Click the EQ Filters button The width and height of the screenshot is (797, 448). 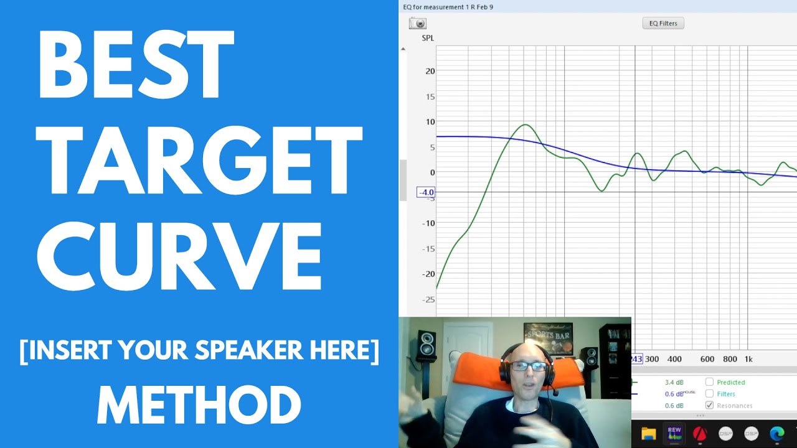point(663,24)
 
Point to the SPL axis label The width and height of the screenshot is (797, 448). point(428,38)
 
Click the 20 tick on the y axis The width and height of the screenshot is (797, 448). point(430,71)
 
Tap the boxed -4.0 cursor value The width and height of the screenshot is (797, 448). point(426,192)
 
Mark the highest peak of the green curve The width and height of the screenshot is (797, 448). point(526,125)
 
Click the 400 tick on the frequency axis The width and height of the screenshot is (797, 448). point(674,359)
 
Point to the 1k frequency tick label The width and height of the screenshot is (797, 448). point(748,359)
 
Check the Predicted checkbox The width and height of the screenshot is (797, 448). point(709,382)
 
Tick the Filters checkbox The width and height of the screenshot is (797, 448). point(709,394)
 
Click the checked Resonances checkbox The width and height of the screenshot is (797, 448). point(709,406)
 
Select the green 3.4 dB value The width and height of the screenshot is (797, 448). point(674,382)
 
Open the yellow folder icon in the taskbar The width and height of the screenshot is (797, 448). point(649,434)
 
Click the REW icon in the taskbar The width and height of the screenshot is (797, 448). point(674,434)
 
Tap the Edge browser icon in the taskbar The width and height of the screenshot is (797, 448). point(776,434)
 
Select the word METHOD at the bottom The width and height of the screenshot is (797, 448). point(199,405)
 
